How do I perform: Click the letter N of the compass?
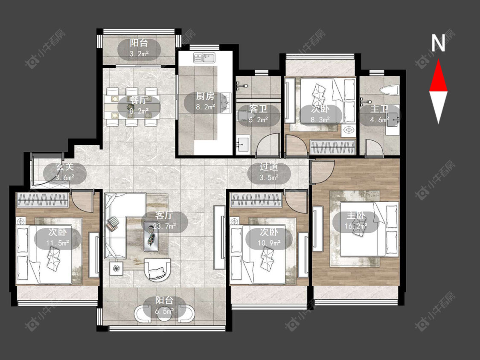coord(438,43)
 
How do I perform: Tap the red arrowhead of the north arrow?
coord(438,75)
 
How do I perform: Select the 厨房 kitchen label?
coord(205,96)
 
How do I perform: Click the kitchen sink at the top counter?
coord(204,58)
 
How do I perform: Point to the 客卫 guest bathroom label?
coord(258,109)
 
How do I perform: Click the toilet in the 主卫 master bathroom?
coord(388,90)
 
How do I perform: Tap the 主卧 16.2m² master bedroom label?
coord(356,221)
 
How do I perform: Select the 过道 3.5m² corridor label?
coord(269,172)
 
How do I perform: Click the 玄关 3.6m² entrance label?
coord(65,172)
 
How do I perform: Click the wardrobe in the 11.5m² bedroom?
coord(43,200)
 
